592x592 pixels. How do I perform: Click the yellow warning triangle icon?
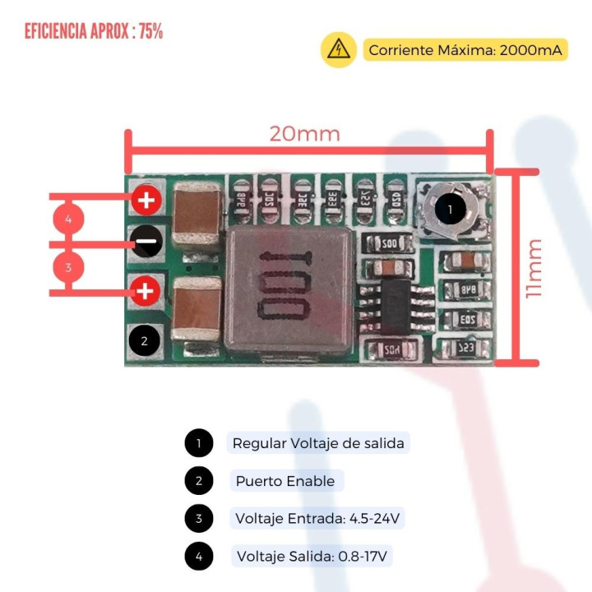tap(338, 49)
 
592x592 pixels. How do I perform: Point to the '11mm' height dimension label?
tap(535, 267)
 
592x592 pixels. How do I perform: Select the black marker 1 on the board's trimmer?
tap(450, 209)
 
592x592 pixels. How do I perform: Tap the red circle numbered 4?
tap(68, 220)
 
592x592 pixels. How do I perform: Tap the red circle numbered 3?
tap(68, 267)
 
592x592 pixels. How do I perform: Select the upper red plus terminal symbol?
tap(146, 199)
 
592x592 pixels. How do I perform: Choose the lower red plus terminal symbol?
tap(146, 291)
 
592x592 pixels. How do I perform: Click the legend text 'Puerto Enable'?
tap(284, 481)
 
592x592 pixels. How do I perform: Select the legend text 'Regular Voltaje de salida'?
tap(318, 443)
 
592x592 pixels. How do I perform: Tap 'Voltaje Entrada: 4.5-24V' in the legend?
tap(317, 519)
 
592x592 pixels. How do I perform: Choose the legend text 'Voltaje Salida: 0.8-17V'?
tap(313, 557)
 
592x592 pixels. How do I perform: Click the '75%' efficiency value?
tap(150, 31)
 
